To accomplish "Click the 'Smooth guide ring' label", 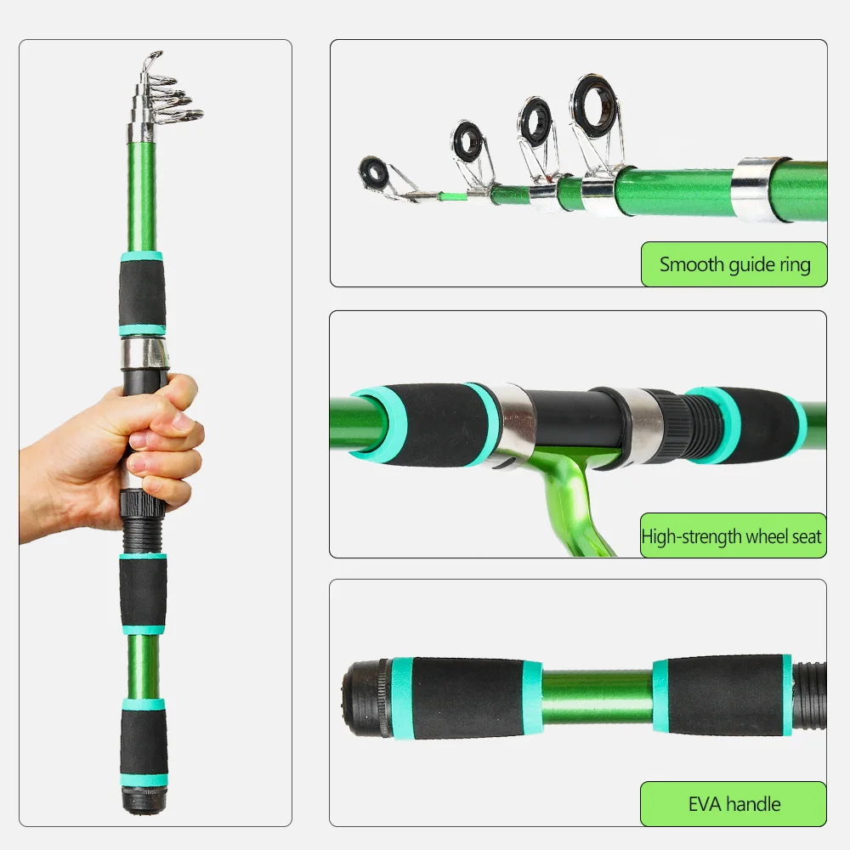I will pyautogui.click(x=733, y=263).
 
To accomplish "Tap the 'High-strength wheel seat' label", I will pyautogui.click(x=733, y=536).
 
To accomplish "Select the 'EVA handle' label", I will pyautogui.click(x=733, y=803).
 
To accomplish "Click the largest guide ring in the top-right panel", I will pyautogui.click(x=593, y=106).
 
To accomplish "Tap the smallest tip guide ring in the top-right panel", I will pyautogui.click(x=374, y=173).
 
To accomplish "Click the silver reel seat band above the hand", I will pyautogui.click(x=144, y=353).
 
